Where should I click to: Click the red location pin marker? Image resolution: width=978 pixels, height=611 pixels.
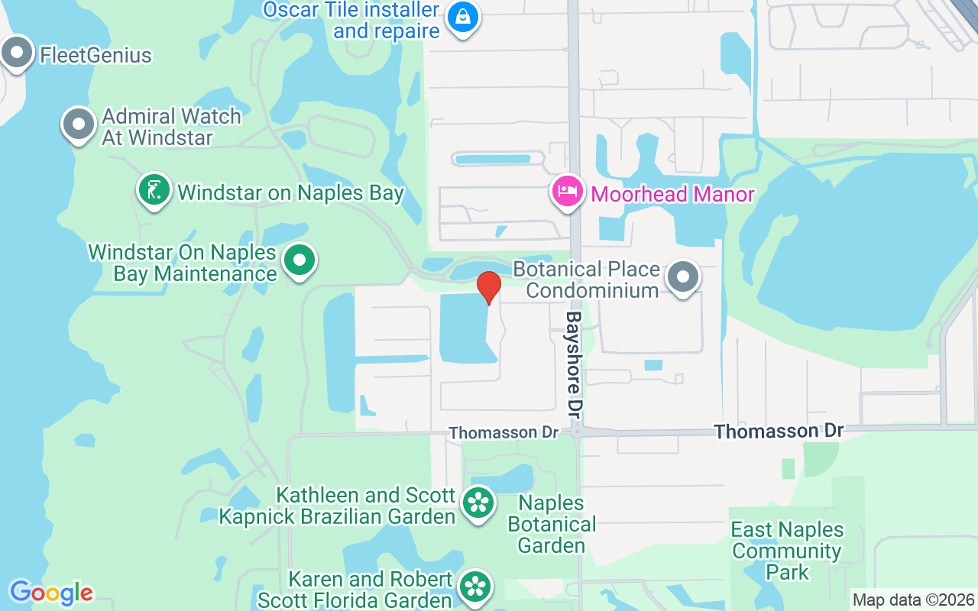click(488, 286)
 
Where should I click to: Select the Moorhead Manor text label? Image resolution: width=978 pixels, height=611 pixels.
click(672, 194)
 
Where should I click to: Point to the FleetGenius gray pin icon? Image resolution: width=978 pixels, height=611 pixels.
click(17, 53)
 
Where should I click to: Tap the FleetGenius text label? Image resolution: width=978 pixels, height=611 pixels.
click(96, 55)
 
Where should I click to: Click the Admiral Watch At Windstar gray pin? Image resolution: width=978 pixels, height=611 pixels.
click(77, 124)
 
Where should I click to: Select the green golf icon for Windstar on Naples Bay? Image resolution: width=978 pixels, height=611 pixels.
click(154, 189)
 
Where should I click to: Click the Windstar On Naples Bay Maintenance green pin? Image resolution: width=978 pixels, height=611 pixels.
click(300, 260)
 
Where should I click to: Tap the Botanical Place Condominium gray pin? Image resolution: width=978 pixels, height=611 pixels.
click(683, 277)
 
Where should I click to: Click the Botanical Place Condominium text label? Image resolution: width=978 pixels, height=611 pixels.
click(586, 280)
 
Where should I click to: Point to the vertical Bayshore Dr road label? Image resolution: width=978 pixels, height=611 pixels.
click(575, 364)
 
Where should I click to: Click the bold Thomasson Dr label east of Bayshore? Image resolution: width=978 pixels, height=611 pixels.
click(779, 431)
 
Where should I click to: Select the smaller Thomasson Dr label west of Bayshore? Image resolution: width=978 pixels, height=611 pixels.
click(504, 432)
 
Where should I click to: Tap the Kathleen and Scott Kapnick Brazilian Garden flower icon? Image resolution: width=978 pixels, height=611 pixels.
click(478, 503)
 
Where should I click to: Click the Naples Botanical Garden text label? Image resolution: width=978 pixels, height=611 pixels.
click(552, 524)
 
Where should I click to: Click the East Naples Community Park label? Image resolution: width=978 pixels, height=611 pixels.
click(787, 550)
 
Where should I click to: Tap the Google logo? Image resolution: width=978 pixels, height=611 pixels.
click(51, 592)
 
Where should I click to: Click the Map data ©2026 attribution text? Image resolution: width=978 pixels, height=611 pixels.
click(913, 600)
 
